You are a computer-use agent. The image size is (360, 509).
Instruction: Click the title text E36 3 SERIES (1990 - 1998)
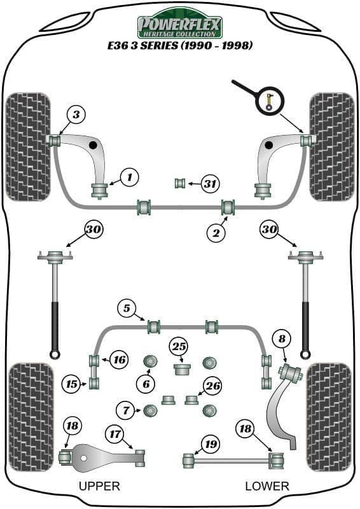coord(180,45)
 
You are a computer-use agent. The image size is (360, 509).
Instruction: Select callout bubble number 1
coord(129,177)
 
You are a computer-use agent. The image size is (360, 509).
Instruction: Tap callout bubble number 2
coord(216,233)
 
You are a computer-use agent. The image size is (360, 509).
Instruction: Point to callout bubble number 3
coord(76,115)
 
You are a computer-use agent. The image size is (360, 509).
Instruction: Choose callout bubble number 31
coord(210,185)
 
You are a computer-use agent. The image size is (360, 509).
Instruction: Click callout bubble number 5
coord(127,309)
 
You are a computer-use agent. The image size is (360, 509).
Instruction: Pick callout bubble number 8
coord(280,340)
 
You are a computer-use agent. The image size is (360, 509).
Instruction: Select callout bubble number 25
coord(179,347)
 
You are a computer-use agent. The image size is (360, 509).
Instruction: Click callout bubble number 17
coord(115,435)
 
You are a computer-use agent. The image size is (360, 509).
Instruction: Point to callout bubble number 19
coord(210,443)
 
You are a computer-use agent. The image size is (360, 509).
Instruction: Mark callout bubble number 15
coord(71,384)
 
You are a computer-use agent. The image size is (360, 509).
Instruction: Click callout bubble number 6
coord(146,384)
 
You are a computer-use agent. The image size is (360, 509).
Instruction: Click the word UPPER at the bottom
coord(99,486)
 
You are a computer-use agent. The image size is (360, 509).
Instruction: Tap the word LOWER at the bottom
coord(267,486)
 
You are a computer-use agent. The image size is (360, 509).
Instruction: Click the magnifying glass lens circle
coord(269,100)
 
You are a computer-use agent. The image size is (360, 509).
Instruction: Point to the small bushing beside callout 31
coord(180,184)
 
